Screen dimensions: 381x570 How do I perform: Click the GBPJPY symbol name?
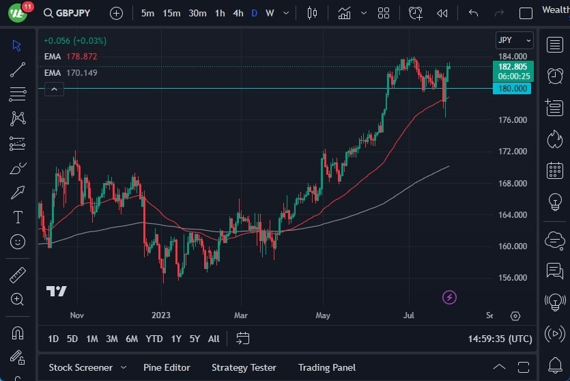click(73, 13)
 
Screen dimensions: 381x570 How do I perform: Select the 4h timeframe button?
click(238, 13)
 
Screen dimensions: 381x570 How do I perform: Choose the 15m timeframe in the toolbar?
click(171, 13)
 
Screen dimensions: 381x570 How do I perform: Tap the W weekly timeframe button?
click(270, 13)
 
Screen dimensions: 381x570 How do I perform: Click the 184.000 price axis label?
click(512, 57)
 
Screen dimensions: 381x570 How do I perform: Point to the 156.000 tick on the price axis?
click(512, 278)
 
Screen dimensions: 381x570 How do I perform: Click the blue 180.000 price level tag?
click(512, 89)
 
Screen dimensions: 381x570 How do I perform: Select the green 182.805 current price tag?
click(513, 67)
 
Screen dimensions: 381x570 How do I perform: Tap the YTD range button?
click(154, 339)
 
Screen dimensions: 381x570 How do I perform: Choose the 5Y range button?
click(195, 339)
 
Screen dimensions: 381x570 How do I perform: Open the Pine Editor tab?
click(167, 367)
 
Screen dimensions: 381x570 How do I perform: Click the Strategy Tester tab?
click(244, 367)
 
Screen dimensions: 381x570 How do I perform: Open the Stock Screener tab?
click(80, 367)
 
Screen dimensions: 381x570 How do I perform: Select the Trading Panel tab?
click(326, 367)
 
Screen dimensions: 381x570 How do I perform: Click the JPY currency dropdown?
click(514, 40)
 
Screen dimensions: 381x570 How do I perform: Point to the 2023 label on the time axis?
click(161, 315)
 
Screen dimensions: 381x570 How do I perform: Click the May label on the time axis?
click(323, 315)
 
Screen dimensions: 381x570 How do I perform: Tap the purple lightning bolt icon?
click(449, 297)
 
